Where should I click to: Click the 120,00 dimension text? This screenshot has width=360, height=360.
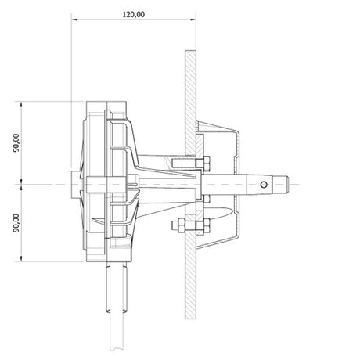133,14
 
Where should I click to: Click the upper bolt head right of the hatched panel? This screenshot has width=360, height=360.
206,162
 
